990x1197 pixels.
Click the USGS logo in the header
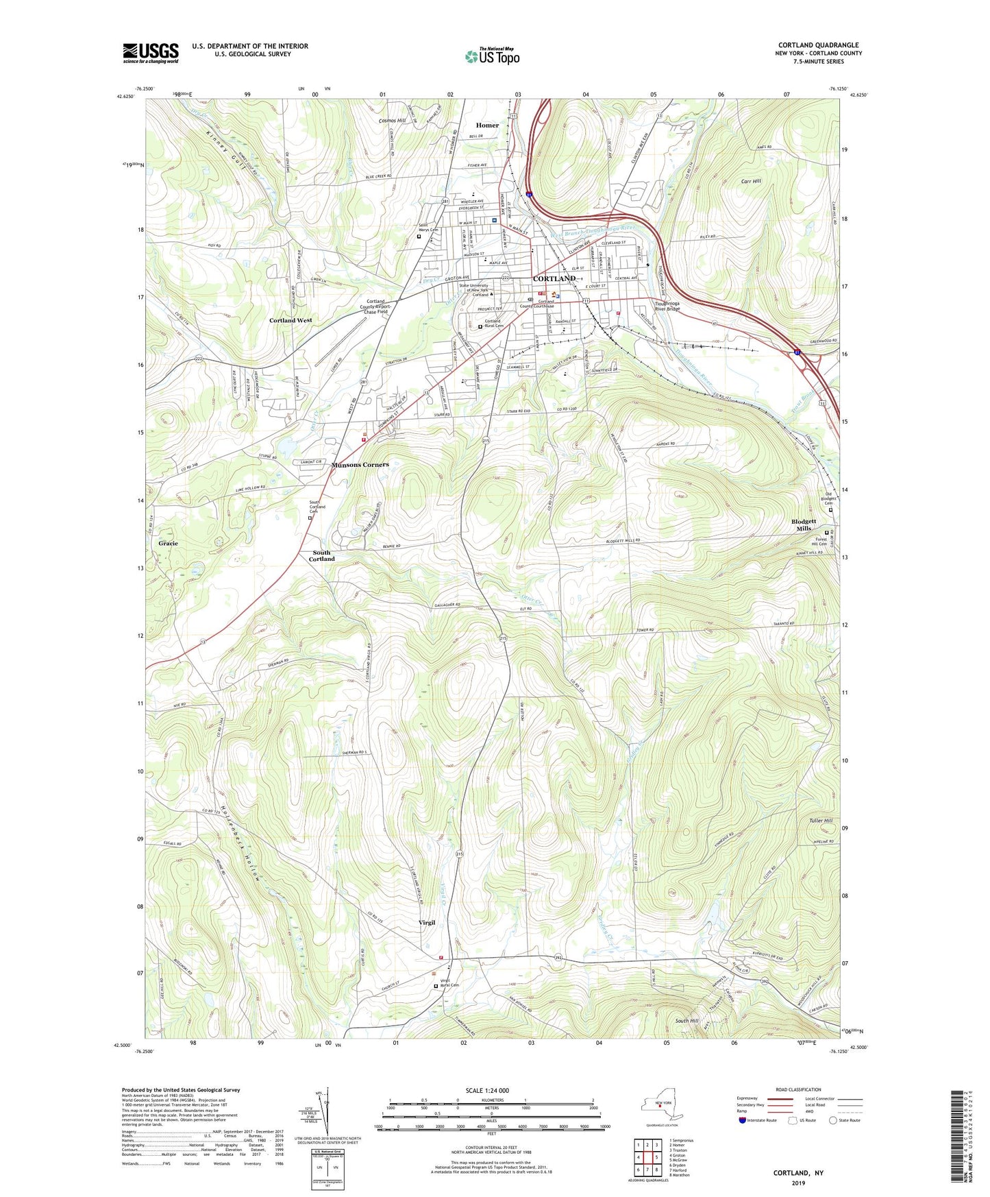(151, 53)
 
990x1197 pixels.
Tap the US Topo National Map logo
(492, 56)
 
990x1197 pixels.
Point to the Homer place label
(487, 125)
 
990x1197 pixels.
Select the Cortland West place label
(290, 320)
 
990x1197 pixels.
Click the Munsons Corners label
(360, 465)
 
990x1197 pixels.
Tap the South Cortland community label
(321, 555)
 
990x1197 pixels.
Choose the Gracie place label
(168, 543)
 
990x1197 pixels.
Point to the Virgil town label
(427, 923)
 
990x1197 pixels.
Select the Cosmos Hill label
(392, 121)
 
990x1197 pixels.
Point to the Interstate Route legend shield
(743, 1120)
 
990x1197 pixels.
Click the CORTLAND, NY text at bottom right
(798, 1173)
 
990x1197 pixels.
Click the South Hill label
(686, 1021)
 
